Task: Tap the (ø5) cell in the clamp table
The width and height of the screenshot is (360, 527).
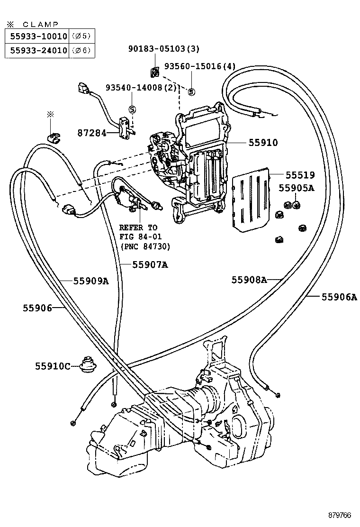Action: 81,36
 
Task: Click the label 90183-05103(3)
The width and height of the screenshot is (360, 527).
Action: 164,49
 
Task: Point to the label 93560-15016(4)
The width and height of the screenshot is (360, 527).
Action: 200,66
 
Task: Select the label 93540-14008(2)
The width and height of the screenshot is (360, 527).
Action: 141,88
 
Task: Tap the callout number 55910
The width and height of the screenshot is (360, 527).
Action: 261,142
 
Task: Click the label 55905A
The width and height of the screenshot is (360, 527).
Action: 297,188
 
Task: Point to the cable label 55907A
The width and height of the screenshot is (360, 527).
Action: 143,265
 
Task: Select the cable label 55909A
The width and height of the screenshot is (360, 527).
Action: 91,281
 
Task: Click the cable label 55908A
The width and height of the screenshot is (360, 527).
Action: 249,280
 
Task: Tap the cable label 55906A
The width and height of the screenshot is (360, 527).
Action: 339,297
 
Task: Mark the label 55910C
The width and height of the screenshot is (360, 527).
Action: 52,366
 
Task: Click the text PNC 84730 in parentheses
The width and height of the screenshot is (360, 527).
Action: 144,246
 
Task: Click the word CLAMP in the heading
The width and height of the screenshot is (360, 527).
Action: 41,24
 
